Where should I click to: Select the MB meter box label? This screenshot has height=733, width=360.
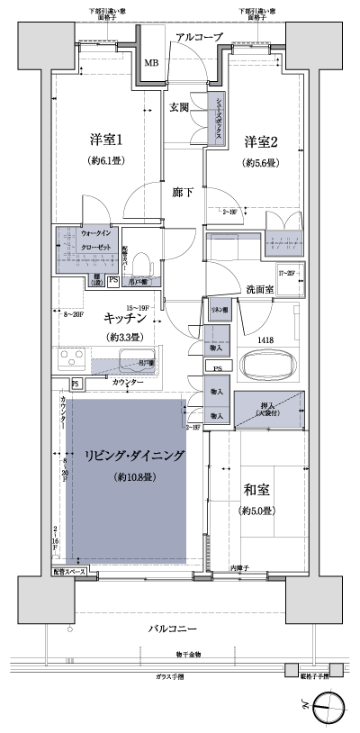pyautogui.click(x=151, y=62)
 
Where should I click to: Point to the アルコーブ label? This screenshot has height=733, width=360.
pyautogui.click(x=199, y=37)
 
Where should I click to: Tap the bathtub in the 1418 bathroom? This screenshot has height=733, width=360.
pyautogui.click(x=270, y=366)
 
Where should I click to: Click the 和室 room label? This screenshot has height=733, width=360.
pyautogui.click(x=259, y=491)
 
